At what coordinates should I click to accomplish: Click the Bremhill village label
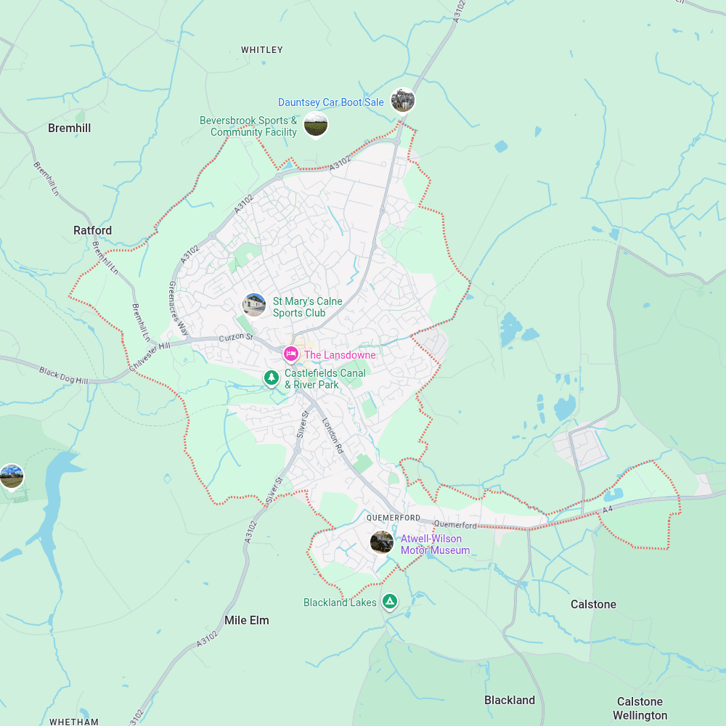pyautogui.click(x=69, y=128)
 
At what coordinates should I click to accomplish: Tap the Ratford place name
pyautogui.click(x=92, y=230)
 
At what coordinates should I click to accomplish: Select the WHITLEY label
pyautogui.click(x=261, y=50)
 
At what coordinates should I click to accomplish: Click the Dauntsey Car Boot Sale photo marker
pyautogui.click(x=402, y=100)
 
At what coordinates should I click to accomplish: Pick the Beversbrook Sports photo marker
pyautogui.click(x=315, y=125)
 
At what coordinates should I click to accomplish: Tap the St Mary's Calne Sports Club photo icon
pyautogui.click(x=254, y=305)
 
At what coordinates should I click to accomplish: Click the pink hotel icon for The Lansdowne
pyautogui.click(x=291, y=354)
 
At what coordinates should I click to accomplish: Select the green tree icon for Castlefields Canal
pyautogui.click(x=272, y=378)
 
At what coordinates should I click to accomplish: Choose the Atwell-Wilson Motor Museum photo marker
pyautogui.click(x=382, y=542)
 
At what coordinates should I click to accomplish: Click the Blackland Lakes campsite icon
pyautogui.click(x=391, y=601)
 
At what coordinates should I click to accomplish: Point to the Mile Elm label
pyautogui.click(x=247, y=620)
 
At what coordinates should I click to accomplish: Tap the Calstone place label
pyautogui.click(x=593, y=604)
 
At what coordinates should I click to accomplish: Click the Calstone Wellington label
pyautogui.click(x=640, y=708)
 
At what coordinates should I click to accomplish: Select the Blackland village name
pyautogui.click(x=510, y=700)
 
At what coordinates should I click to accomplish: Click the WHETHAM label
pyautogui.click(x=74, y=722)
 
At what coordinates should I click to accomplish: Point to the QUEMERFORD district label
pyautogui.click(x=393, y=518)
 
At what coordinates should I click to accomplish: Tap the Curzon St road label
pyautogui.click(x=237, y=337)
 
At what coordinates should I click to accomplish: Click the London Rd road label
pyautogui.click(x=333, y=436)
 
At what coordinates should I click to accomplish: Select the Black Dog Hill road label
pyautogui.click(x=63, y=375)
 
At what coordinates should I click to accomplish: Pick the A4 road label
pyautogui.click(x=608, y=511)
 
